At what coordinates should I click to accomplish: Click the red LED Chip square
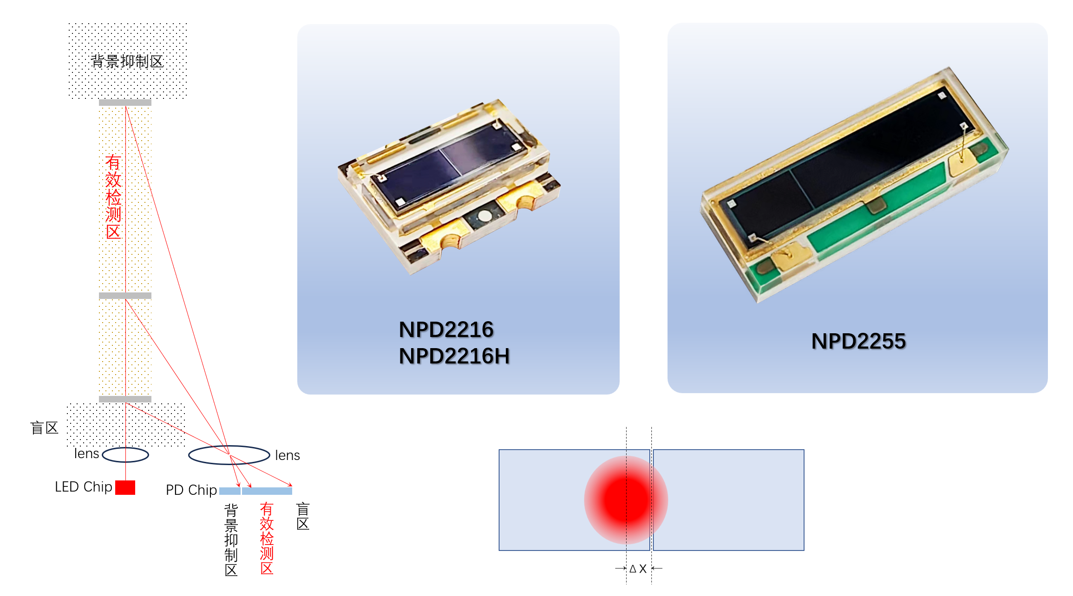click(125, 487)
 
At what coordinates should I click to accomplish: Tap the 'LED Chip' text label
click(84, 487)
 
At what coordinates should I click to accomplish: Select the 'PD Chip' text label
click(191, 490)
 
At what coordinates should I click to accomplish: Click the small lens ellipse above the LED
click(125, 455)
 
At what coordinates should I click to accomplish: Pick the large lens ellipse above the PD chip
click(229, 455)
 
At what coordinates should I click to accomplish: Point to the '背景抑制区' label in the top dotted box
click(127, 61)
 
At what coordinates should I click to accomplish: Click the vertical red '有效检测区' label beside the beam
click(113, 197)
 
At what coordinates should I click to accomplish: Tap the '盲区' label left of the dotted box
click(45, 428)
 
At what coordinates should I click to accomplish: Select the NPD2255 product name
click(858, 341)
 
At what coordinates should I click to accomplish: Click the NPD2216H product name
click(454, 356)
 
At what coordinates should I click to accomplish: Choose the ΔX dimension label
click(638, 569)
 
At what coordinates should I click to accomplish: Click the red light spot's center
click(626, 500)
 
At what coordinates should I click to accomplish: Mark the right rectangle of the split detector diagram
click(728, 500)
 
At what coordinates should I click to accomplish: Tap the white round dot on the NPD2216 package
click(484, 215)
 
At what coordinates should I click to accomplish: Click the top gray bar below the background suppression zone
click(125, 103)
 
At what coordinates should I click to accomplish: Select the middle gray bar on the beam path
click(125, 296)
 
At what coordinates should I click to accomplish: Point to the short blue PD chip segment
click(230, 491)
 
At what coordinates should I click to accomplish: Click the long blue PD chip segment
click(267, 491)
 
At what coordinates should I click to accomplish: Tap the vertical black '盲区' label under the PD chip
click(303, 516)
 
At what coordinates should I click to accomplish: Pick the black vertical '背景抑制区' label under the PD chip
click(231, 540)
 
